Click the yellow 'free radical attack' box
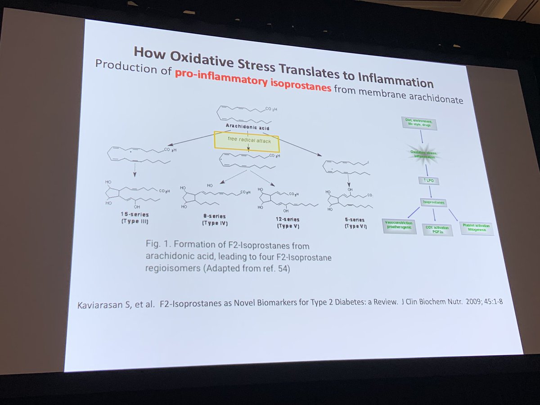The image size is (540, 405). pos(247,141)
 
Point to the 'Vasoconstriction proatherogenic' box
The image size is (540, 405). pos(399,225)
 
